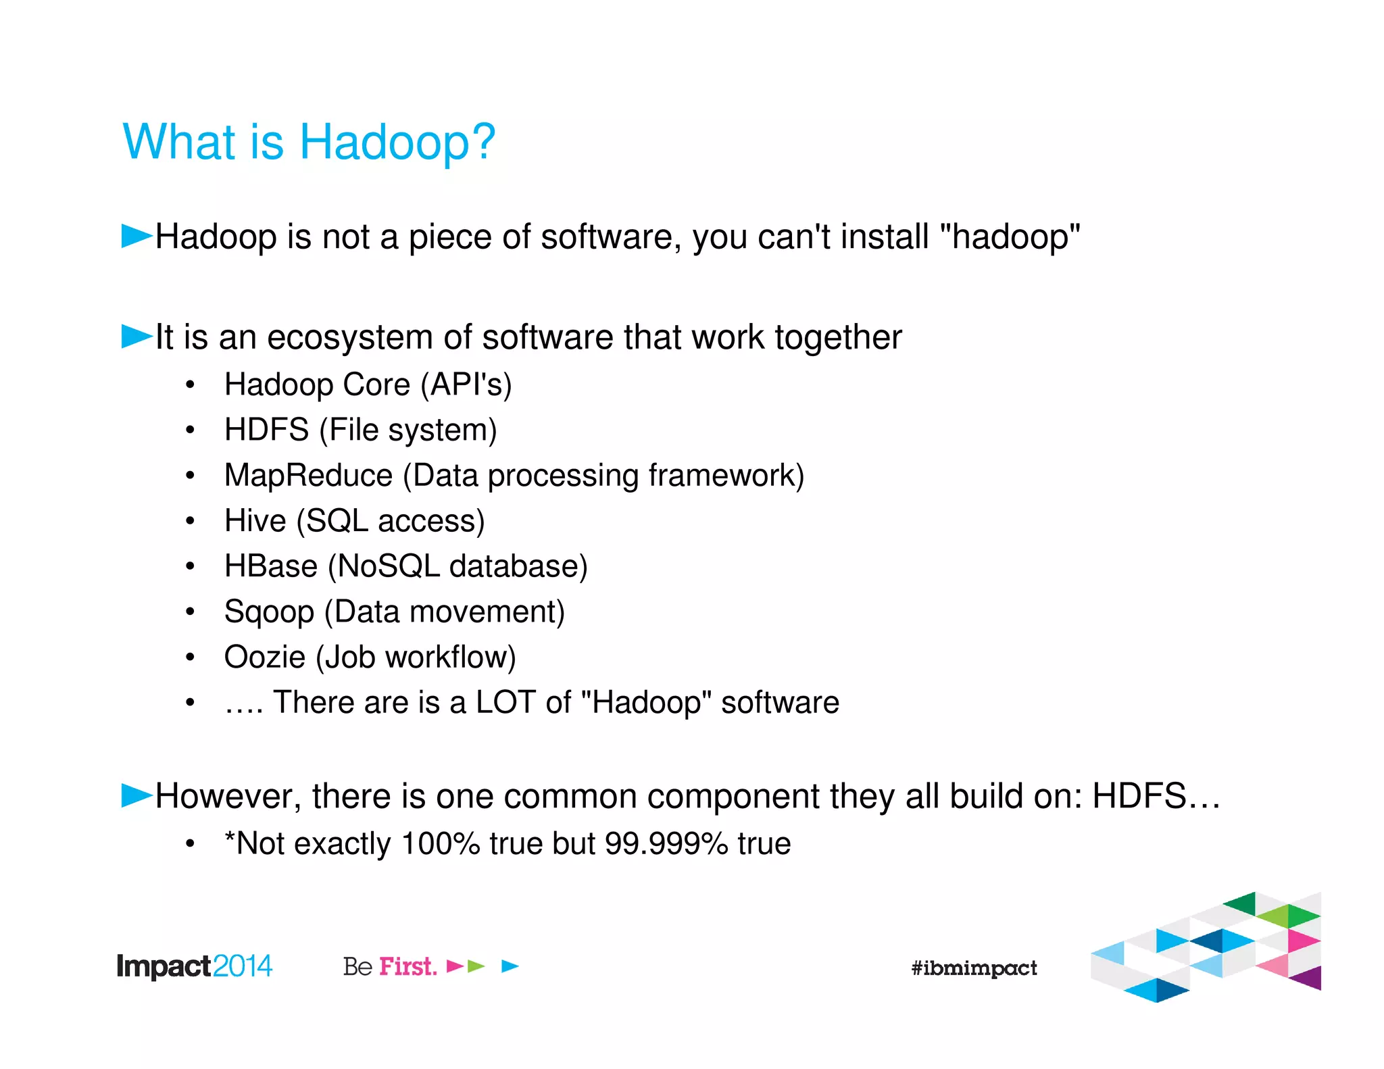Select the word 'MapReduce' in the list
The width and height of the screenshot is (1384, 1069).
point(308,475)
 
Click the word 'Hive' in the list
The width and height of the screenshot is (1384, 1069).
point(255,521)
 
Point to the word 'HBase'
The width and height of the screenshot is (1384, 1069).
point(270,566)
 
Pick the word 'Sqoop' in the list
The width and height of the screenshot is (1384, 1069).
point(269,612)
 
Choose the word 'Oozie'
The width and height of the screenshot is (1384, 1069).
point(264,657)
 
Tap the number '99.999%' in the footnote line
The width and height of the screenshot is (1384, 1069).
point(666,843)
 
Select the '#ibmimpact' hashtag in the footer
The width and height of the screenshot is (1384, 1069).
point(973,968)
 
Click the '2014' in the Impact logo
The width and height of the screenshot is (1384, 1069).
point(242,966)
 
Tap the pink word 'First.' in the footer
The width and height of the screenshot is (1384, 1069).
point(407,966)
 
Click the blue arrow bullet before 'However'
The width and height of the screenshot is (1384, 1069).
point(137,795)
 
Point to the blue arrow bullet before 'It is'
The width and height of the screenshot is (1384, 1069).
point(137,336)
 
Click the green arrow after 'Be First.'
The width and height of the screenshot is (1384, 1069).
point(476,966)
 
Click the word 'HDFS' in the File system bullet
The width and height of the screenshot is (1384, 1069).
point(266,430)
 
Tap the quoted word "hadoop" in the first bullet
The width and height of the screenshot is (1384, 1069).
point(1010,237)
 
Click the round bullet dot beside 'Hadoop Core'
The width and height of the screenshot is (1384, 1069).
point(191,385)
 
